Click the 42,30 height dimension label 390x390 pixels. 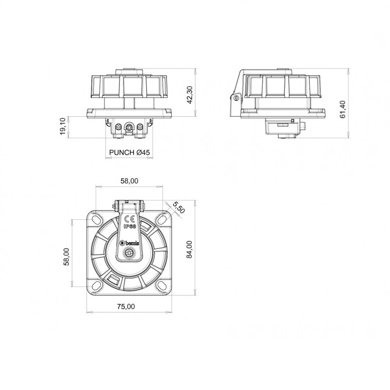click(190, 95)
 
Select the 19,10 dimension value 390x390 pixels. click(62, 127)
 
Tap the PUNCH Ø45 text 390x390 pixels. click(129, 153)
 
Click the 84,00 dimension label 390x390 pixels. click(189, 249)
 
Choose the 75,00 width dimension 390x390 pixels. click(126, 306)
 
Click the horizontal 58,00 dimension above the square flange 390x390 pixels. click(129, 181)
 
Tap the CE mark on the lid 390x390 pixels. click(129, 219)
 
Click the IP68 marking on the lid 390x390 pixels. click(129, 227)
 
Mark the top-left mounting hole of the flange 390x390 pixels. click(97, 220)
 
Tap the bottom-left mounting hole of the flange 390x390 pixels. click(97, 286)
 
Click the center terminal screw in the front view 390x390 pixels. click(129, 127)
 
